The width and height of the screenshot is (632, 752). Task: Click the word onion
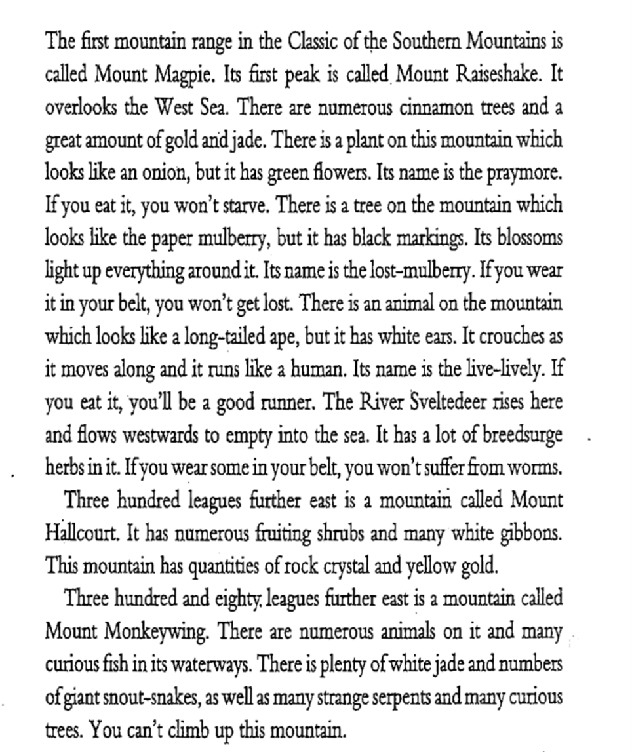(157, 172)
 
